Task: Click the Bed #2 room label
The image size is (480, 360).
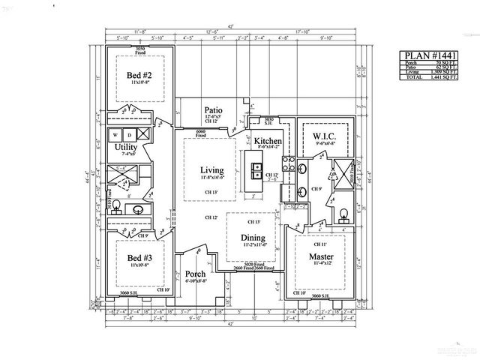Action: pyautogui.click(x=140, y=76)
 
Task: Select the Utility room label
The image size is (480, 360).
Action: pyautogui.click(x=126, y=148)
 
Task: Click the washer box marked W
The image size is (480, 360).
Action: pyautogui.click(x=115, y=135)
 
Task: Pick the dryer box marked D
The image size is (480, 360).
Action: pyautogui.click(x=128, y=135)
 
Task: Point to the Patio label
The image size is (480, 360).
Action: pyautogui.click(x=214, y=109)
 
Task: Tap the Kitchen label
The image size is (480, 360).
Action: pyautogui.click(x=267, y=141)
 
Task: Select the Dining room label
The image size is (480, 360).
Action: pyautogui.click(x=254, y=237)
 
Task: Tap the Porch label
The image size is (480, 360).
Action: pyautogui.click(x=195, y=273)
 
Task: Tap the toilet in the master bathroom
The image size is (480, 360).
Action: pyautogui.click(x=344, y=217)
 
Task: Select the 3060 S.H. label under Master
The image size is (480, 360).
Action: pyautogui.click(x=320, y=296)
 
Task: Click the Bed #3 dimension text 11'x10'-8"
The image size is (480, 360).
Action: pyautogui.click(x=140, y=265)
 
